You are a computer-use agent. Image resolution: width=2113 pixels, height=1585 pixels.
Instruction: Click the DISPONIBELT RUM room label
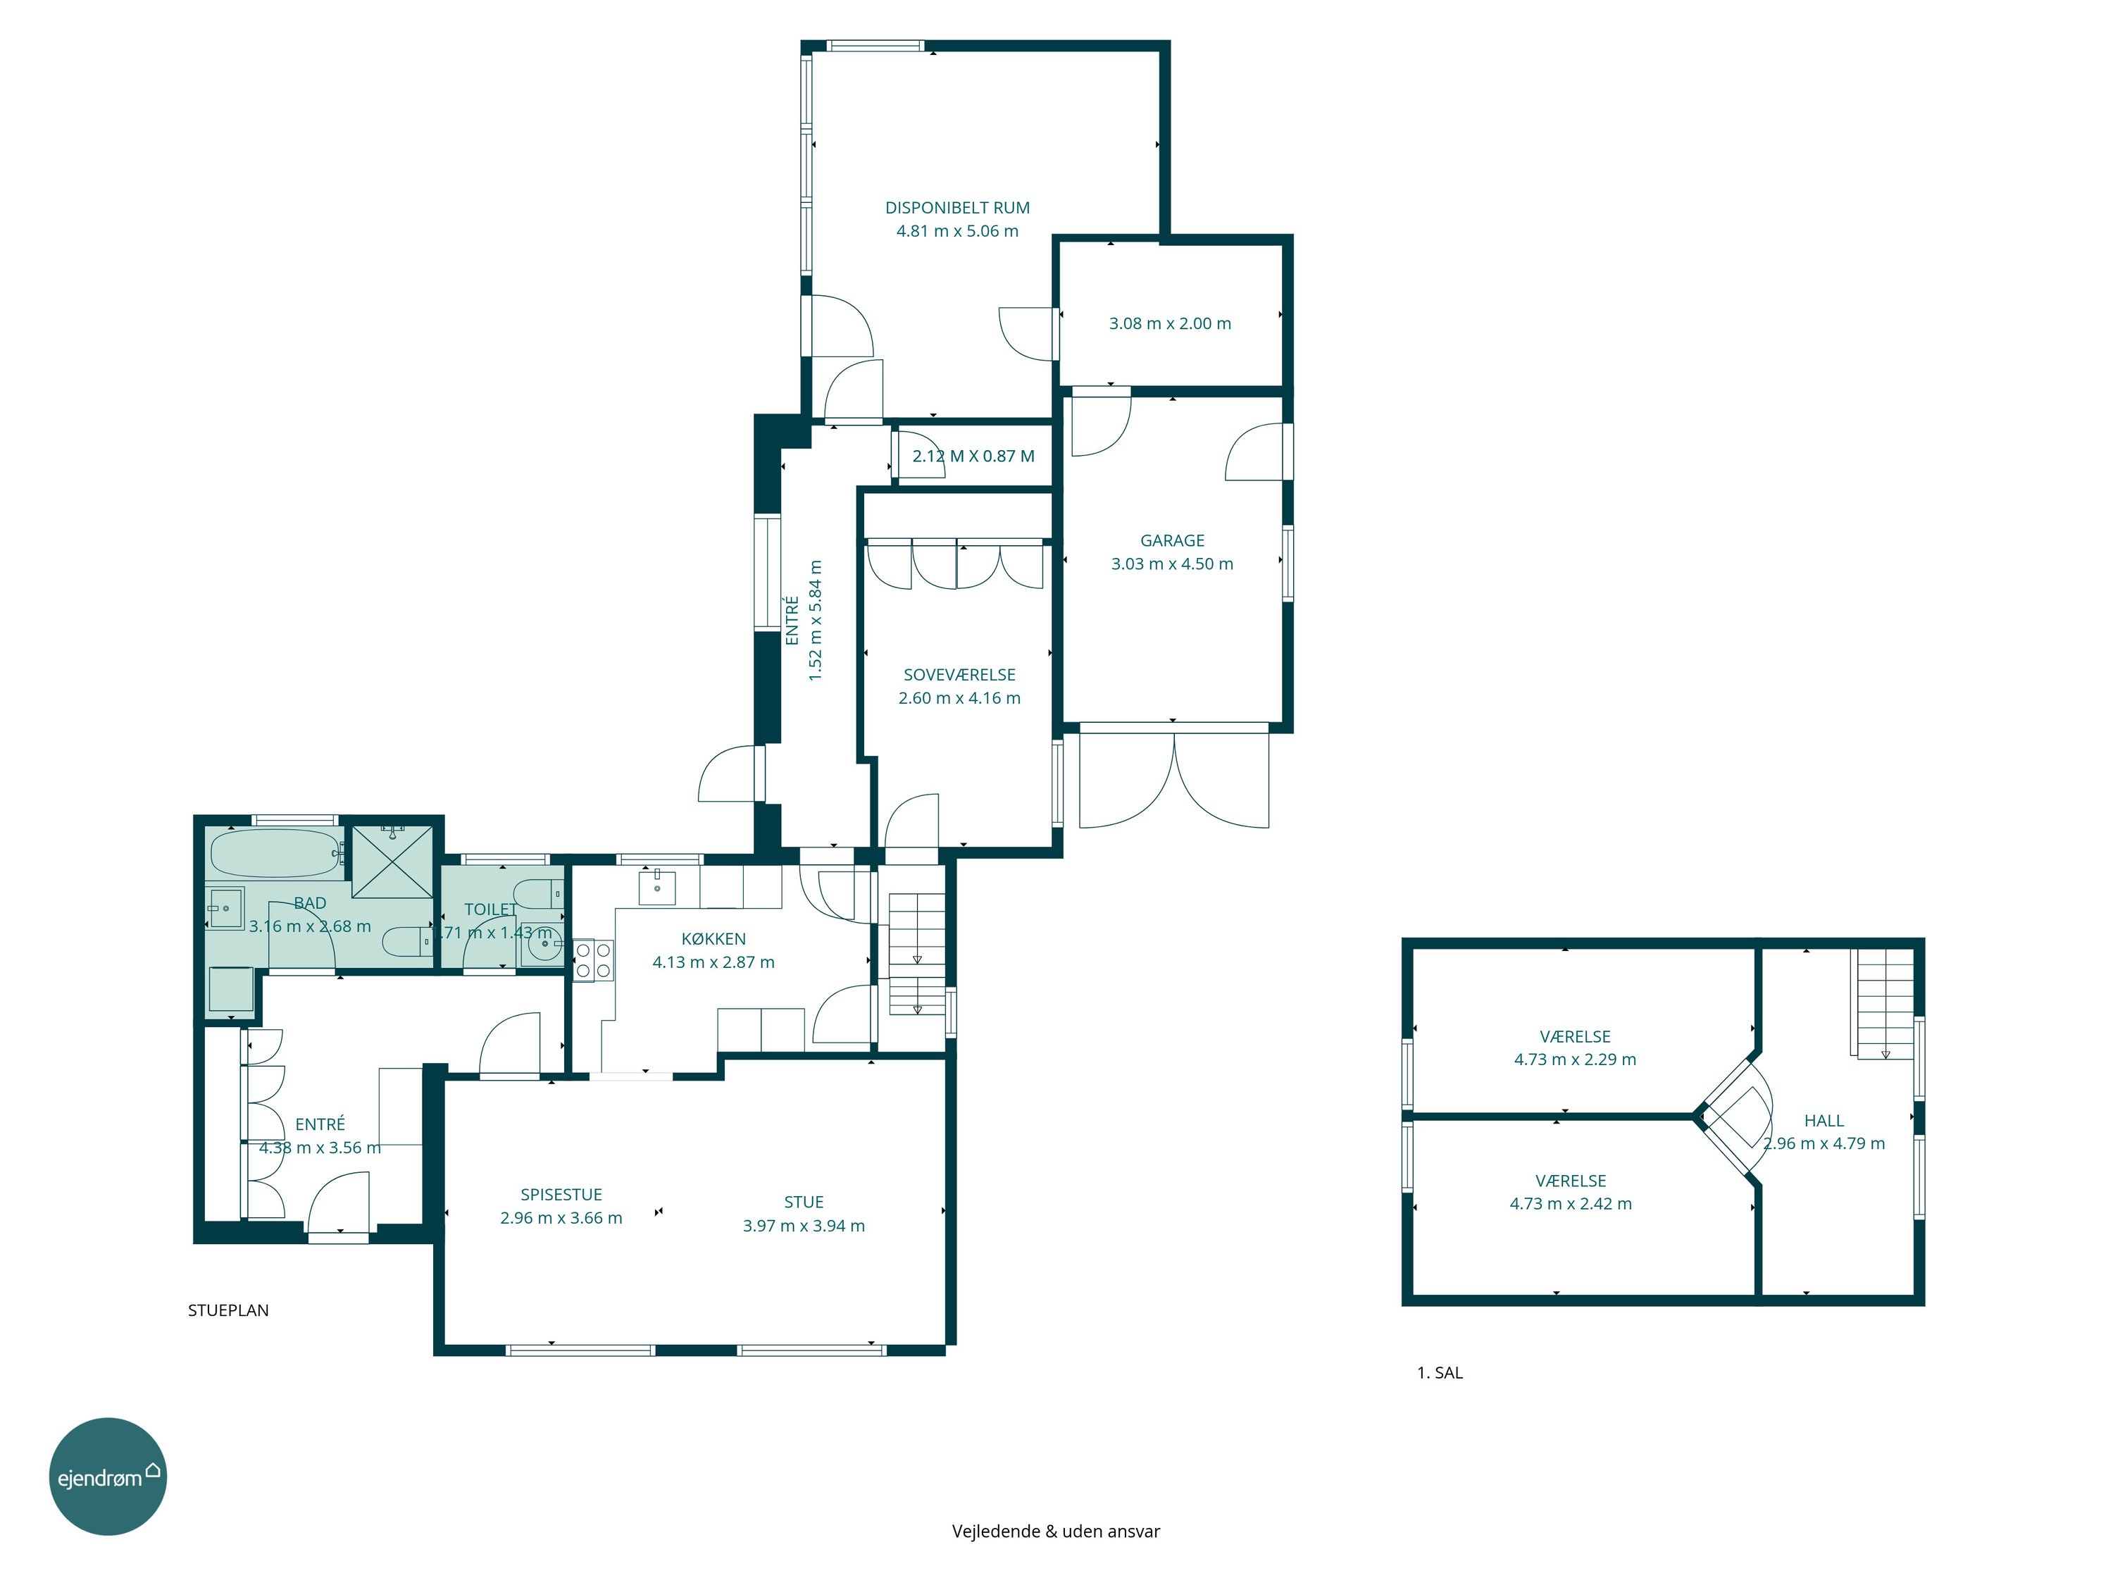coord(957,207)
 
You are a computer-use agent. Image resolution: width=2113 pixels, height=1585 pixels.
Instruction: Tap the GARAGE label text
coord(1172,541)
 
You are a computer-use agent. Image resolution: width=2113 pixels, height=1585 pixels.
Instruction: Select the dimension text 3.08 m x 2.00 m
coord(1170,324)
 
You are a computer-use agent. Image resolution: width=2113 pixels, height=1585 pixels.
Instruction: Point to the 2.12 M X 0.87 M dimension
coord(973,456)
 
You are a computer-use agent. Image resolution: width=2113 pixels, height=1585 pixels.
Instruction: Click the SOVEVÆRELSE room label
coord(959,675)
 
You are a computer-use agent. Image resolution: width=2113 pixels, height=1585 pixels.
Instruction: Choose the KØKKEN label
coord(713,939)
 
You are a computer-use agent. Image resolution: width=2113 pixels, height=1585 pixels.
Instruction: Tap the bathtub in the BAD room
coord(276,853)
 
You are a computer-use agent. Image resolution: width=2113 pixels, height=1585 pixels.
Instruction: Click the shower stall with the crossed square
coord(392,862)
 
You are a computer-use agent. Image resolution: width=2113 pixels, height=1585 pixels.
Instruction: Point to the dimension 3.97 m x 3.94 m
coord(804,1226)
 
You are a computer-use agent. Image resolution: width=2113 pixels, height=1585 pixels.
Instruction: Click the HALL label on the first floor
coord(1824,1121)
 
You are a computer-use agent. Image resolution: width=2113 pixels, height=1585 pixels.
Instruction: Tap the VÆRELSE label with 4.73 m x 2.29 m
coord(1574,1037)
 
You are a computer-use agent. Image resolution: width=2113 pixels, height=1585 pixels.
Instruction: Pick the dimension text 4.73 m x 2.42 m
coord(1571,1204)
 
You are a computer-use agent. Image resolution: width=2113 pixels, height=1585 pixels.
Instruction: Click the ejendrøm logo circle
coord(108,1476)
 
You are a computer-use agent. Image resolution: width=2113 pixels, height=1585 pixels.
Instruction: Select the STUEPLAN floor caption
coord(228,1311)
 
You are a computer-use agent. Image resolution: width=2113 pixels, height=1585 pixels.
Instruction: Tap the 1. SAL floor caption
coord(1440,1373)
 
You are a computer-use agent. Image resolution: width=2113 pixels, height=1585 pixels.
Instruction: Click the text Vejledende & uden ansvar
coord(1056,1531)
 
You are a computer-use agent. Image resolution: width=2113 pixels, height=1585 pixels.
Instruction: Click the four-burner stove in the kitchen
coord(593,960)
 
